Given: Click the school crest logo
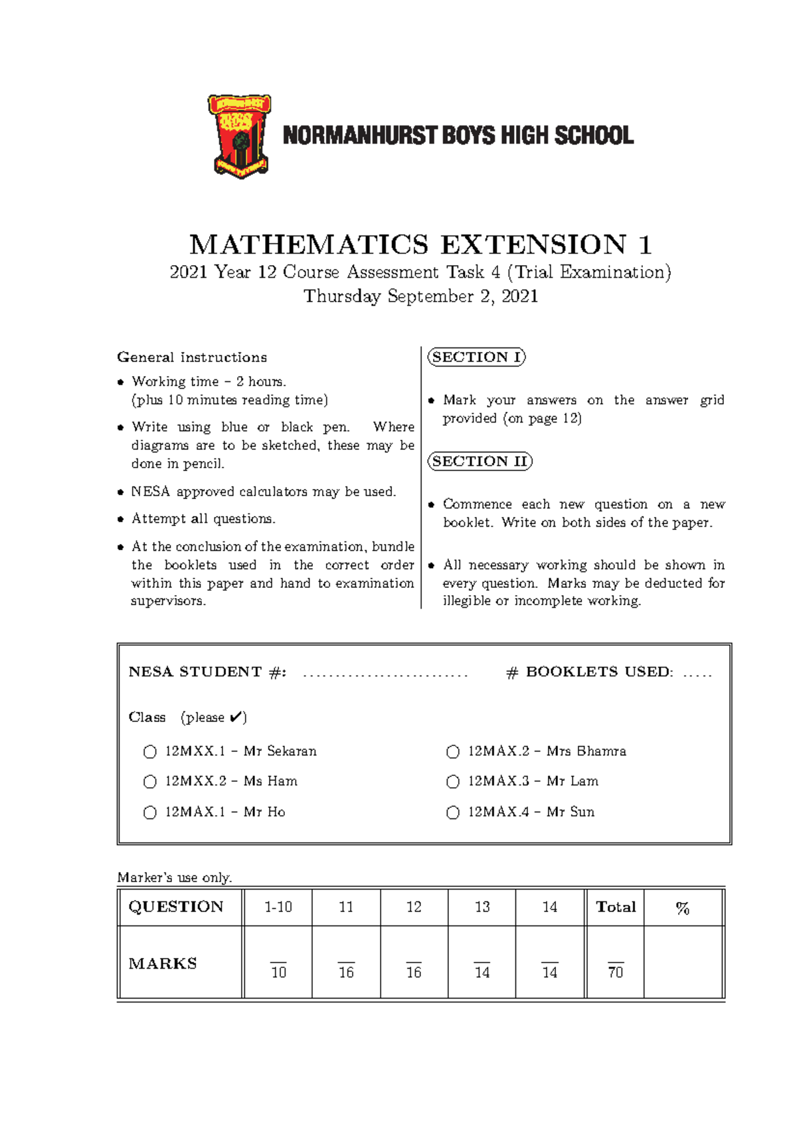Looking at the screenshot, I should coord(239,136).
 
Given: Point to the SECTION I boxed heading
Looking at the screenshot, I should coord(476,357).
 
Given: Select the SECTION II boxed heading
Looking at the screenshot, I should coord(480,462).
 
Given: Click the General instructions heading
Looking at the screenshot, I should coord(192,357).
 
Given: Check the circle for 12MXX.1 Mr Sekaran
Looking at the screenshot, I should coord(150,752).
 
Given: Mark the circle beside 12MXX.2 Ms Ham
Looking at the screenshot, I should coord(150,782).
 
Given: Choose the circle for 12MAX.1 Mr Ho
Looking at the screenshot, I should coord(150,812).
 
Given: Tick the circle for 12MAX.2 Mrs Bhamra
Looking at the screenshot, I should coord(453,752).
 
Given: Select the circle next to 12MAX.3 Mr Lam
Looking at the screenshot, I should coord(453,782).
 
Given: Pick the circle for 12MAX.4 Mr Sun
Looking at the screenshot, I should coord(453,812).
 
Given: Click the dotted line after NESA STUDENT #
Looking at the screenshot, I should coord(385,675).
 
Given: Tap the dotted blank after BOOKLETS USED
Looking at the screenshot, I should coord(697,675).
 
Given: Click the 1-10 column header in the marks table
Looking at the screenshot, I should coord(278,907).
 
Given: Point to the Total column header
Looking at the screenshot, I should coord(616,907).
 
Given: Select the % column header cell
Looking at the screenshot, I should coord(683,908).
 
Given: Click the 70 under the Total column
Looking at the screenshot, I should coord(616,972).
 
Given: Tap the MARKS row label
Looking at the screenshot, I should coord(163,964).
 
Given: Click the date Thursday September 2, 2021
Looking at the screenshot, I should coord(420,296).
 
